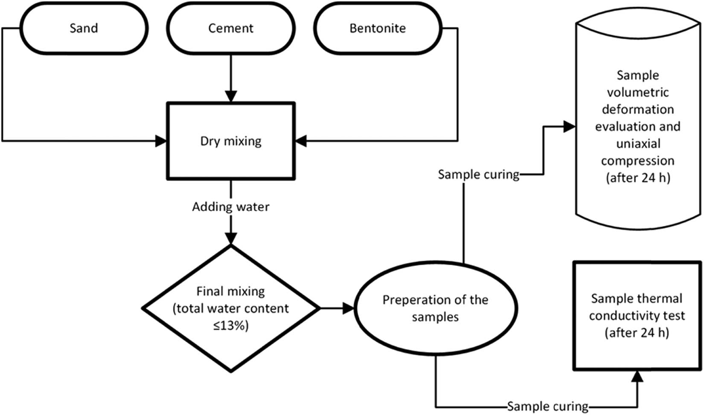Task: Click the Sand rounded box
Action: tap(84, 28)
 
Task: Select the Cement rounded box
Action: tap(230, 28)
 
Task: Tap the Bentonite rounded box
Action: tap(378, 28)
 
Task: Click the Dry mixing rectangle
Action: tap(230, 141)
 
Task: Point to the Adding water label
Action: tap(230, 207)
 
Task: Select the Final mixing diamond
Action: tap(230, 308)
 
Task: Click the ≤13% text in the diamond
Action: tap(230, 326)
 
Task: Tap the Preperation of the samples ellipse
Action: tap(435, 308)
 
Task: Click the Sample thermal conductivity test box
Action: tap(637, 316)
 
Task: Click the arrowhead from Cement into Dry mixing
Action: tap(230, 96)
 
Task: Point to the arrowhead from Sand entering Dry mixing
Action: tap(161, 141)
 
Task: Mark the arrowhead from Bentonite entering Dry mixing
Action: tap(301, 141)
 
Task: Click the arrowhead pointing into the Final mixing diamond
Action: tap(230, 238)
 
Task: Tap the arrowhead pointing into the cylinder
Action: tap(569, 126)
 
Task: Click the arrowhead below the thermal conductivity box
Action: tap(637, 376)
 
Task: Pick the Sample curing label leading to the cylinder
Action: tap(478, 174)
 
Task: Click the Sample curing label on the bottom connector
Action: tap(547, 406)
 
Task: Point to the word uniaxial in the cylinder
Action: tap(638, 144)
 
